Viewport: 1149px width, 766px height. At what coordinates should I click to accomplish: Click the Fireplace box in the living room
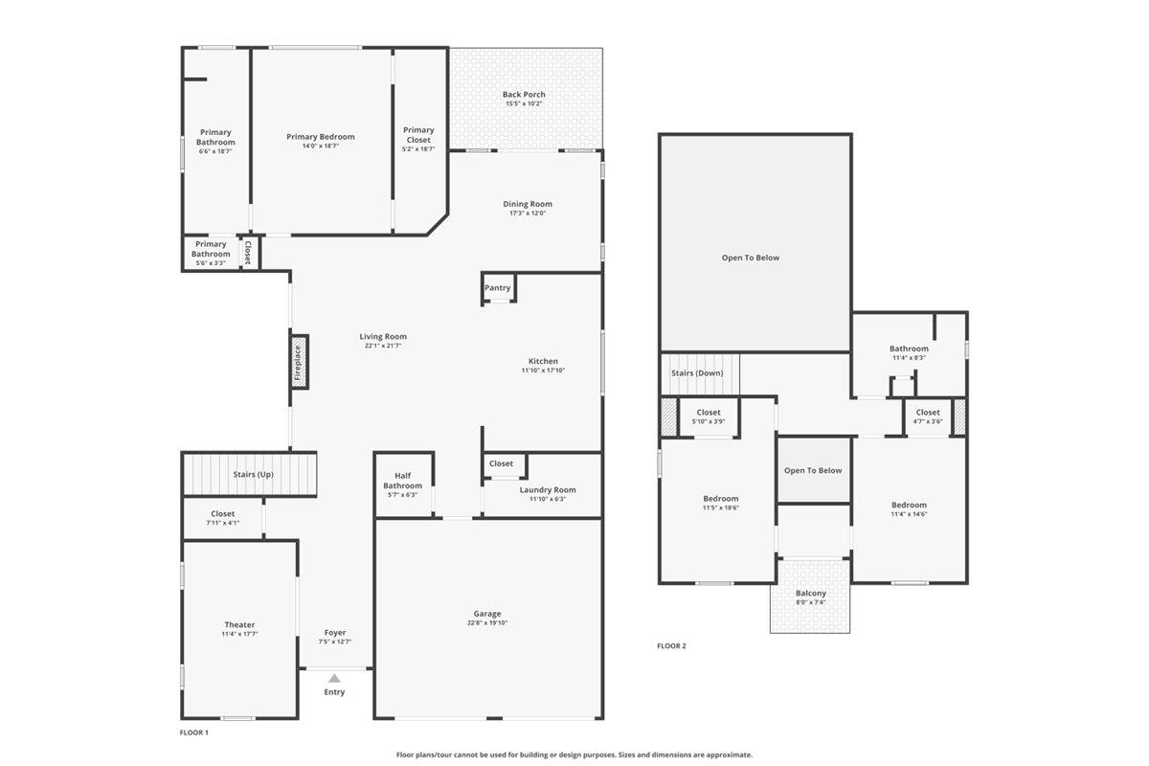(299, 363)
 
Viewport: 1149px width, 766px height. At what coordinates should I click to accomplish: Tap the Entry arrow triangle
(334, 678)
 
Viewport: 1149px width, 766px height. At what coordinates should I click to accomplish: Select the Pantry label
(498, 288)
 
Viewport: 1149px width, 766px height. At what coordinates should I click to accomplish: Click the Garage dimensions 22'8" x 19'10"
(487, 623)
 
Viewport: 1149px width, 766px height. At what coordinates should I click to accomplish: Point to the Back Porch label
(524, 95)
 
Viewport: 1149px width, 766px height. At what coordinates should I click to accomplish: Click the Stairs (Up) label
(254, 475)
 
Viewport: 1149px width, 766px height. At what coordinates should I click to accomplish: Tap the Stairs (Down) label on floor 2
(697, 373)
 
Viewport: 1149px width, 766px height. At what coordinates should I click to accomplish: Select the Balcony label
(810, 593)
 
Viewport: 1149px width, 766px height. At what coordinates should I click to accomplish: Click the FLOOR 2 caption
(671, 646)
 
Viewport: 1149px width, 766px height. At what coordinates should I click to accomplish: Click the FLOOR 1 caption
(193, 732)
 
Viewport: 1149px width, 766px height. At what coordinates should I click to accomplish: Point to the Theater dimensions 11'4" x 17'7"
(239, 634)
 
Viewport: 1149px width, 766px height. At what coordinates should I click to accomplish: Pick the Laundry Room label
(548, 490)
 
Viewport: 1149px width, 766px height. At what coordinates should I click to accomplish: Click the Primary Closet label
(418, 135)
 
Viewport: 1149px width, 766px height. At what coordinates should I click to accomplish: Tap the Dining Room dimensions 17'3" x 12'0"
(528, 214)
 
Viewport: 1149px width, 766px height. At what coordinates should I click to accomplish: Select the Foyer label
(335, 633)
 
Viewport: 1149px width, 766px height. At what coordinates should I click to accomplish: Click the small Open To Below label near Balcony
(813, 470)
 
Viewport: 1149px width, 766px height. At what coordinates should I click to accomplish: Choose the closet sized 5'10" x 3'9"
(710, 417)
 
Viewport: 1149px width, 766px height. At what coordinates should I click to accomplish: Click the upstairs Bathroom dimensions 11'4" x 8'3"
(909, 358)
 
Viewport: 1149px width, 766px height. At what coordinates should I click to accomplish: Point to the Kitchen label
(543, 361)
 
